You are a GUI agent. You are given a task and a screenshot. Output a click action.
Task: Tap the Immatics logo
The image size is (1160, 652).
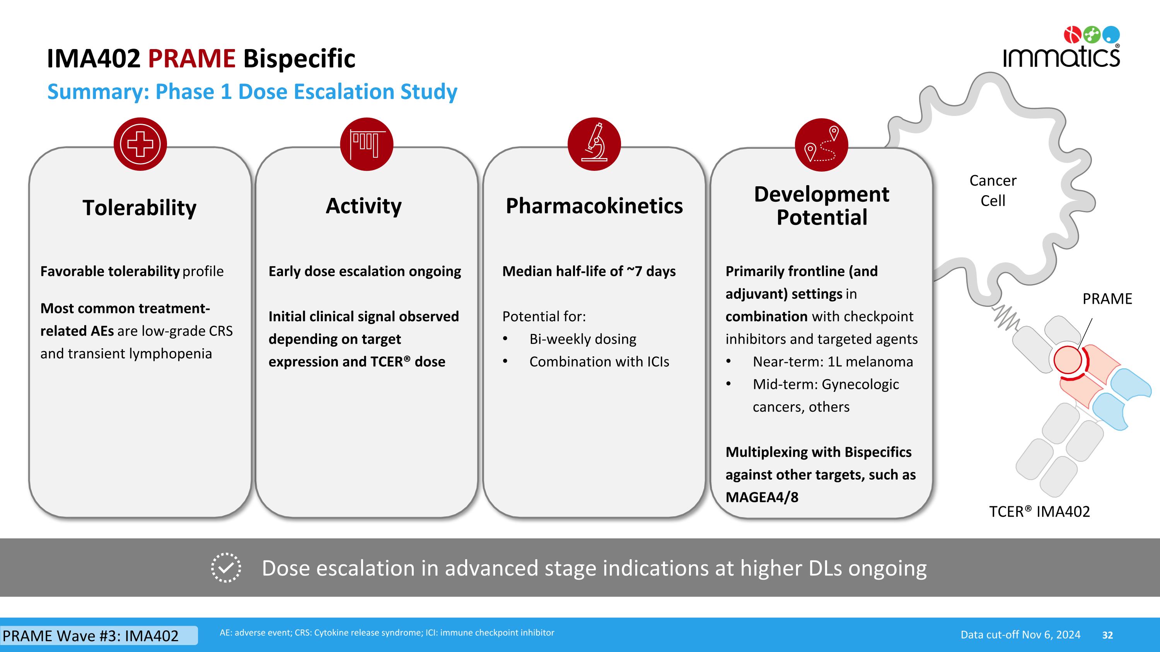(x=1061, y=49)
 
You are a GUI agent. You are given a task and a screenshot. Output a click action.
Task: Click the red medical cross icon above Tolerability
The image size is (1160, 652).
(x=140, y=144)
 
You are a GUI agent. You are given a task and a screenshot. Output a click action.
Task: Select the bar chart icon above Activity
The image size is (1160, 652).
(x=367, y=144)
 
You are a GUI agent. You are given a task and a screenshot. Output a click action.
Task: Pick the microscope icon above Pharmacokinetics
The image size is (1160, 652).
(x=594, y=144)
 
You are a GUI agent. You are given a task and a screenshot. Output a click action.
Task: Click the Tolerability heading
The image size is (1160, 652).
(x=140, y=208)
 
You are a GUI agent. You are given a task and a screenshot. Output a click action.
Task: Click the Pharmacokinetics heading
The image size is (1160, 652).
(x=594, y=206)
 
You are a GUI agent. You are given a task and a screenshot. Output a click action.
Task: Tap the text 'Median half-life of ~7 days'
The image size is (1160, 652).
(x=589, y=271)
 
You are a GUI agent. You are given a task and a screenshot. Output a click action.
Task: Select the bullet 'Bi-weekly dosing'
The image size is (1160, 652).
(x=582, y=339)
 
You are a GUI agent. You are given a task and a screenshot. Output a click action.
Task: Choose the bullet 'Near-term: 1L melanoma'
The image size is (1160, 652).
(x=832, y=362)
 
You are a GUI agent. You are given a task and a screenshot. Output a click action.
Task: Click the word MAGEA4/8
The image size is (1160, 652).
(x=761, y=497)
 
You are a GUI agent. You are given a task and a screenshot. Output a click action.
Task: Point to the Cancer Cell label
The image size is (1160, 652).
(x=993, y=190)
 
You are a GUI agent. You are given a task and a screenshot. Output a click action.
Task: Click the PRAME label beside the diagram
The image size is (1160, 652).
(x=1107, y=299)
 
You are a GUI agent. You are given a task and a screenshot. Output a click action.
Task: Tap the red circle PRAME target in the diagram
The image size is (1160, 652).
(x=1067, y=360)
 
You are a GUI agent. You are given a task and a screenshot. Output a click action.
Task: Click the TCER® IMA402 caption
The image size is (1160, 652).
(x=1039, y=512)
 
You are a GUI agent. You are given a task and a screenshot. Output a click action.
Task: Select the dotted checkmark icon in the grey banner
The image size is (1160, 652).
(x=226, y=568)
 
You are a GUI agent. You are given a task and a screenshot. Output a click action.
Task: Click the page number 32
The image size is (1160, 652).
(x=1107, y=635)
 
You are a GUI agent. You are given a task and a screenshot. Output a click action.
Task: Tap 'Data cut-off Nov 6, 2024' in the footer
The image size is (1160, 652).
(x=1020, y=635)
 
